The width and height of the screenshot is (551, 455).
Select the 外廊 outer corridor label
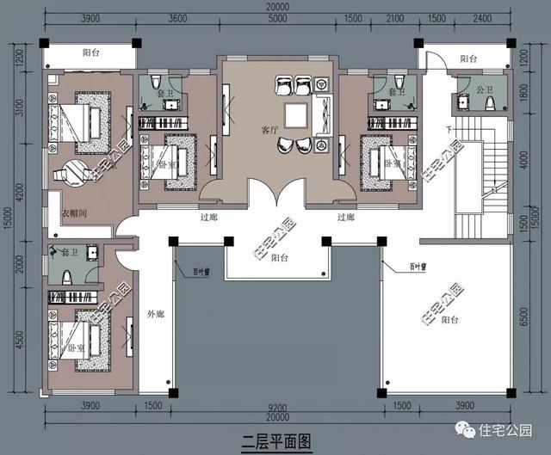[156, 313]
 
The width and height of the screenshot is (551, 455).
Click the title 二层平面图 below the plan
[275, 441]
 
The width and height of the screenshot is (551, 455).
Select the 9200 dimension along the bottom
[275, 405]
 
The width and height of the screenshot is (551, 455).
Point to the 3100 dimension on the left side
[17, 110]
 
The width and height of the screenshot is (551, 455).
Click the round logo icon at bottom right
[465, 429]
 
